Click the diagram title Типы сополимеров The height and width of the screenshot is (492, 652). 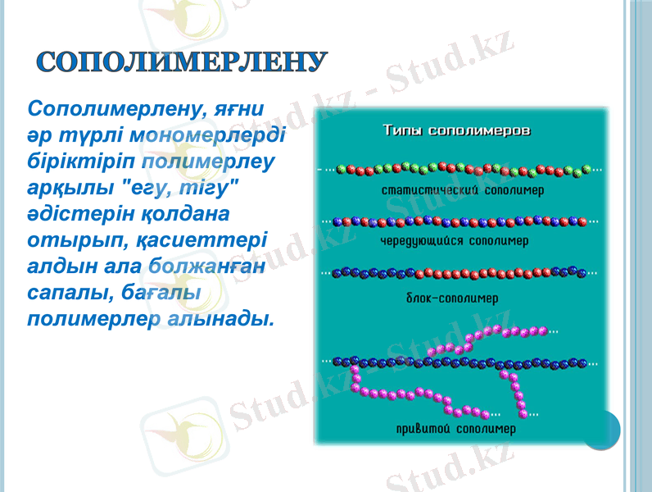pyautogui.click(x=458, y=130)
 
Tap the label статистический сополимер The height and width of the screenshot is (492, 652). pyautogui.click(x=464, y=189)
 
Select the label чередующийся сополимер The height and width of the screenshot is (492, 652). pyautogui.click(x=455, y=242)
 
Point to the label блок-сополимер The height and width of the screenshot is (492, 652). pyautogui.click(x=453, y=296)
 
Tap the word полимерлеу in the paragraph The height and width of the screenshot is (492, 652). pyautogui.click(x=206, y=160)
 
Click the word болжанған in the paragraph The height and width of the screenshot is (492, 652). pyautogui.click(x=207, y=266)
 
